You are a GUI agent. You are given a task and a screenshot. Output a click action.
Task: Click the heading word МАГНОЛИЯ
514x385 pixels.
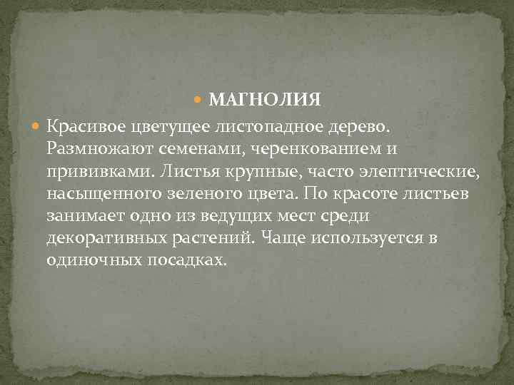[267, 99]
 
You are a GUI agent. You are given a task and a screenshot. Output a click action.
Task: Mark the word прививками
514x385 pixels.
[91, 171]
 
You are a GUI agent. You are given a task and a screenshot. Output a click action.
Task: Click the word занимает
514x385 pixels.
[80, 215]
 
